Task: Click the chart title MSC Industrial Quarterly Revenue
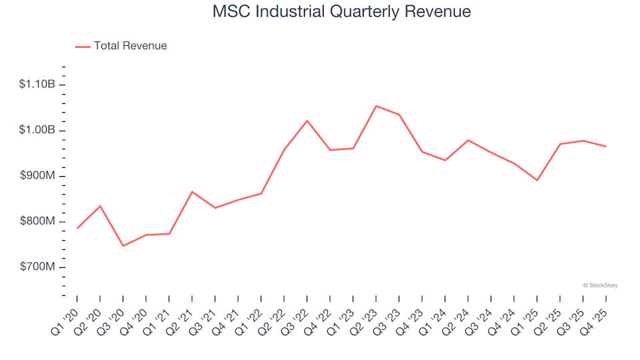(x=341, y=12)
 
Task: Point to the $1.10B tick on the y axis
(x=37, y=84)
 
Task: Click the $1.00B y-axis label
(x=37, y=130)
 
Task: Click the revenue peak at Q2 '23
(x=376, y=106)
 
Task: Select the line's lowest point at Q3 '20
(x=123, y=246)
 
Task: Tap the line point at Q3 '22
(x=307, y=121)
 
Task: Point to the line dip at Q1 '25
(x=537, y=180)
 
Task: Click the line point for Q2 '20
(x=100, y=206)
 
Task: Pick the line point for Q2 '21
(x=192, y=192)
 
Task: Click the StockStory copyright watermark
(x=600, y=285)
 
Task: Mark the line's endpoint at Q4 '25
(x=605, y=146)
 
